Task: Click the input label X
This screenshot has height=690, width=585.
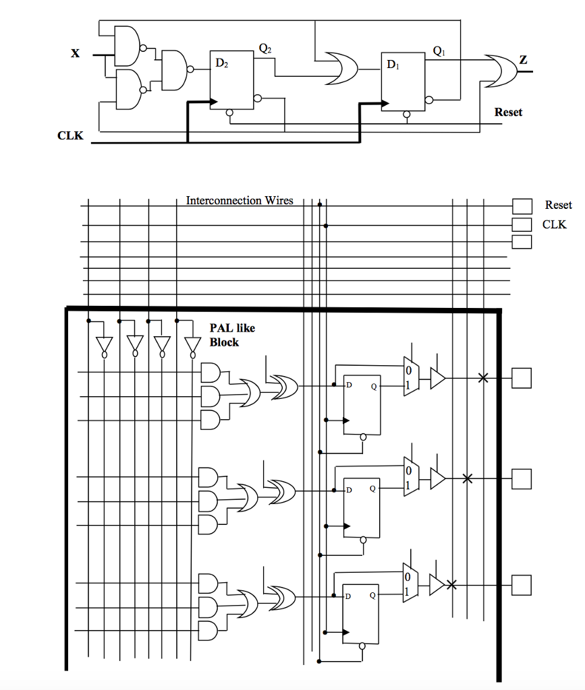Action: pos(76,54)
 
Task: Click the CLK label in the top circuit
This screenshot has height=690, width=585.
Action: pos(70,135)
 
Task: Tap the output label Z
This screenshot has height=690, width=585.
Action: pos(524,61)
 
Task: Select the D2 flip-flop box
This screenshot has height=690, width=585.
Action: pos(231,80)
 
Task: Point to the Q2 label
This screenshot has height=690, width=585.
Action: pos(265,48)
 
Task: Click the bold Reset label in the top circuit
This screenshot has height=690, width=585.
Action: pos(507,112)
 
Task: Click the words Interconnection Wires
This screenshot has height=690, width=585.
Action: pos(240,200)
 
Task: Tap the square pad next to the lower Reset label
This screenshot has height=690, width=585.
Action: pos(522,206)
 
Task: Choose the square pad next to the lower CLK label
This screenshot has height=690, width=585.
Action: pos(522,224)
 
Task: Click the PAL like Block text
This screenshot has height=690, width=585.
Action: pos(231,335)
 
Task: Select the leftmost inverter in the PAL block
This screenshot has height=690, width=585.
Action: pos(103,345)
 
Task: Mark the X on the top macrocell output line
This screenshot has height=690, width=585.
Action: pos(482,378)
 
